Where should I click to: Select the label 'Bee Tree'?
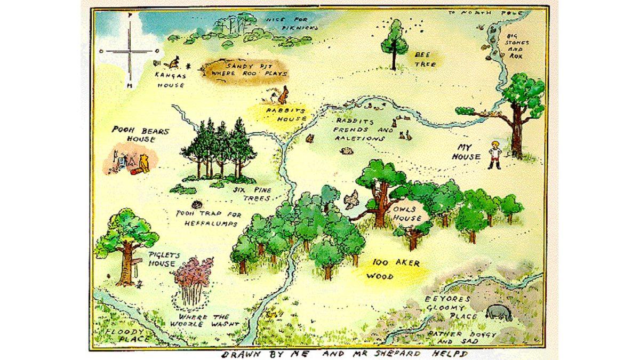(425, 59)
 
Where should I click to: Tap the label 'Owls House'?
(407, 214)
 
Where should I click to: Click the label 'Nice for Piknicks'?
(292, 23)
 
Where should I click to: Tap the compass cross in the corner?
(129, 51)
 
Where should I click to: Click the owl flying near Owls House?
(351, 200)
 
